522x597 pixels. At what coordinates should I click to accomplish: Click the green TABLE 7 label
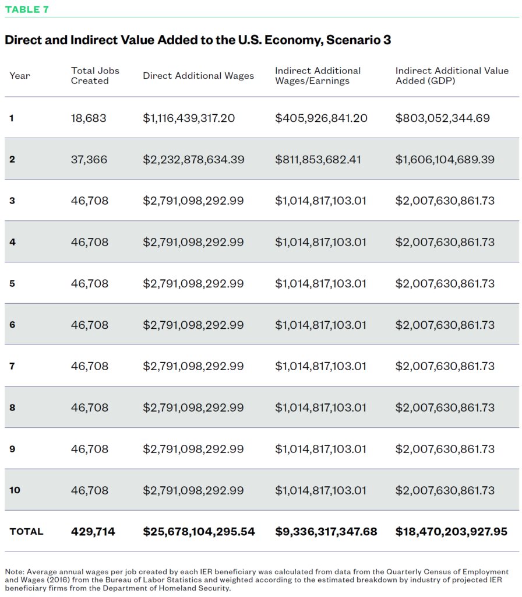click(27, 9)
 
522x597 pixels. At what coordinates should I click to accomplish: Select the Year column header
click(20, 76)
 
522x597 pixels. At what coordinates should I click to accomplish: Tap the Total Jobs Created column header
click(95, 75)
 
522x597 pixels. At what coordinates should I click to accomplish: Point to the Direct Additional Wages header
click(198, 75)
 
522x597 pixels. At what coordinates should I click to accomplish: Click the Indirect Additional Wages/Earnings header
click(318, 75)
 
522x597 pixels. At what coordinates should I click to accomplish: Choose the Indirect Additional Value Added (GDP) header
click(452, 75)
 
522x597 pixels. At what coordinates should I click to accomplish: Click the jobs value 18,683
click(89, 118)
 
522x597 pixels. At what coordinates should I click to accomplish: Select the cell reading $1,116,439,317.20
click(189, 118)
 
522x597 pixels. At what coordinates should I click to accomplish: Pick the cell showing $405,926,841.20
click(321, 118)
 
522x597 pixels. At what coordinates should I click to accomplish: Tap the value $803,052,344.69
click(443, 118)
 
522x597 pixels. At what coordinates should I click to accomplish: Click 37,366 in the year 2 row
click(89, 159)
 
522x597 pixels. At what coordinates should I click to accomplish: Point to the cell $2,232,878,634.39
click(193, 159)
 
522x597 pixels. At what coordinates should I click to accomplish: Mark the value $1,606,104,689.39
click(445, 159)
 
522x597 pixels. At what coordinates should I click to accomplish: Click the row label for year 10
click(15, 490)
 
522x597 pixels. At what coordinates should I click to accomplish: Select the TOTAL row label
click(26, 532)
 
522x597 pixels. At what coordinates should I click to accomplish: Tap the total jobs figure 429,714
click(93, 532)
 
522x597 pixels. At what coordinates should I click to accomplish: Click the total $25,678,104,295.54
click(199, 532)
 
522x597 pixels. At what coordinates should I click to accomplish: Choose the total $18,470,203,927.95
click(452, 532)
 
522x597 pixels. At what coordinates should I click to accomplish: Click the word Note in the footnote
click(14, 572)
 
